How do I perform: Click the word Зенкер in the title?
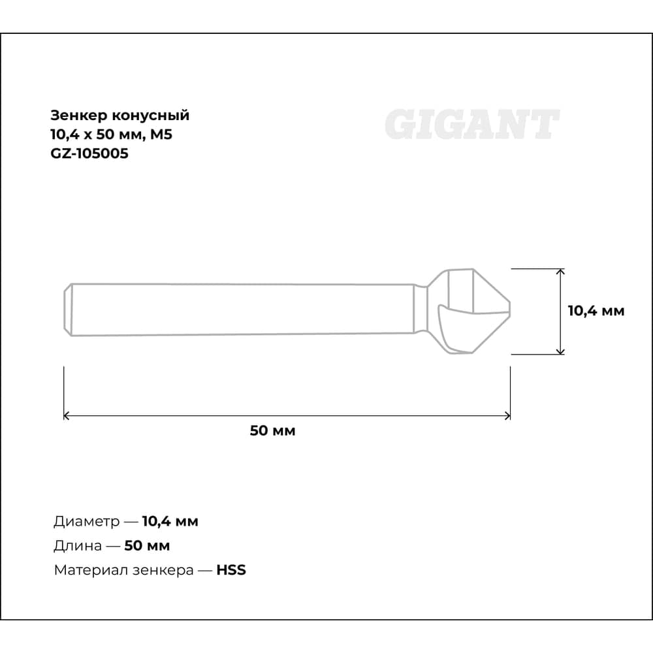coord(79,115)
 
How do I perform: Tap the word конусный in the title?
coord(151,116)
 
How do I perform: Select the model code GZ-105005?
coord(89,153)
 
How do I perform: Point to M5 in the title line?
coord(161,134)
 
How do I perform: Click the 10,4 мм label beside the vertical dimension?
coord(596,311)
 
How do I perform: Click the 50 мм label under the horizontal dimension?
coord(273,430)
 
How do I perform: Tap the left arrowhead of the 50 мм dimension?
coord(66,415)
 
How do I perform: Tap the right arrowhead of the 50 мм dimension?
coord(507,415)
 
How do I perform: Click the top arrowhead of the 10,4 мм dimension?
coord(560,272)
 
